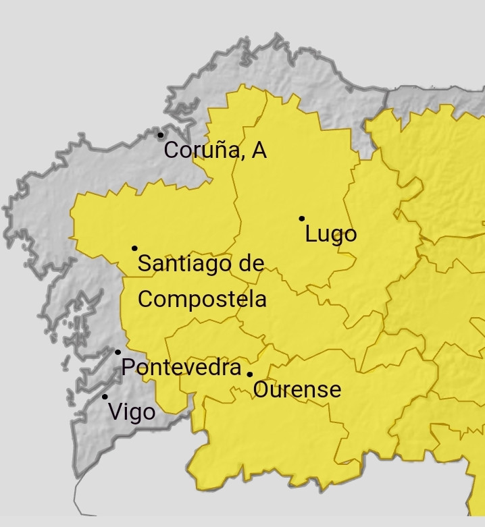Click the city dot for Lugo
point(301,218)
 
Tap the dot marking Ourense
point(249,374)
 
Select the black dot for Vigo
point(105,397)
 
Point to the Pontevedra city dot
point(118,352)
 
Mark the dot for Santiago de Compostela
point(134,248)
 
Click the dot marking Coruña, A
point(161,135)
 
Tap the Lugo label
point(330,235)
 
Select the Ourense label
point(297,389)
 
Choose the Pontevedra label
point(181,368)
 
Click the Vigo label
point(131,412)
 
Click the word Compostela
point(202,298)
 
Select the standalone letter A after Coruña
point(259,150)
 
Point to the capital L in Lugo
point(311,235)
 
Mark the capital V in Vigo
point(115,412)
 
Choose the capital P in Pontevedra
point(128,368)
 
